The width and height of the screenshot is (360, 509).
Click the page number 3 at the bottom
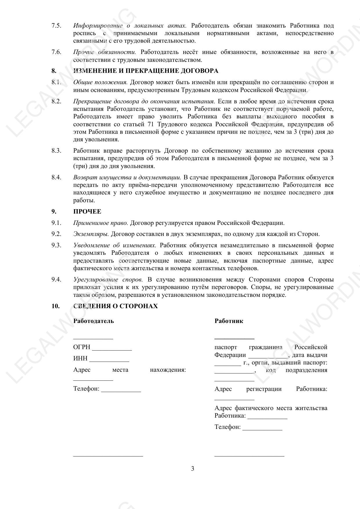pos(193,469)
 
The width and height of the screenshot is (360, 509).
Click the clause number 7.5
pos(56,26)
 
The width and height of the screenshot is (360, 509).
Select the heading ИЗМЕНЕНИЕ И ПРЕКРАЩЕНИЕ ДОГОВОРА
pos(146,71)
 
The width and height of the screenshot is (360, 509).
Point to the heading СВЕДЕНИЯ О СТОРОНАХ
pos(115,306)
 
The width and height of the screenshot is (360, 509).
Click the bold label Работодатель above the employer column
pos(93,321)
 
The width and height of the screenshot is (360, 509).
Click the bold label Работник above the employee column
pos(229,321)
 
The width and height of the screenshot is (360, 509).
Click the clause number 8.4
pos(56,177)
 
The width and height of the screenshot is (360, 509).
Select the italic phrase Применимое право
pos(100,223)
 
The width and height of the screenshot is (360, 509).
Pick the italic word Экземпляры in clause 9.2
pos(91,234)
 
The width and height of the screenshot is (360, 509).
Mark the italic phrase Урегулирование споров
pos(108,280)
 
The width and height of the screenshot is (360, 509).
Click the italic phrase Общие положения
pos(100,82)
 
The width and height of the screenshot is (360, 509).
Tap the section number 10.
pos(55,306)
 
